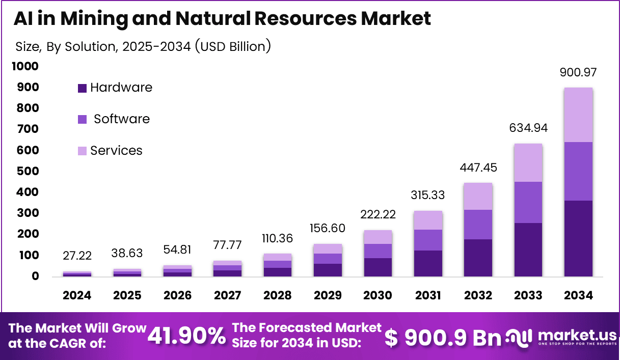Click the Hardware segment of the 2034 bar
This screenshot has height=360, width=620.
578,238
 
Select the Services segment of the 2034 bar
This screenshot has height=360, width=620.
578,115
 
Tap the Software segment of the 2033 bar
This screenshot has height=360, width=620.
528,202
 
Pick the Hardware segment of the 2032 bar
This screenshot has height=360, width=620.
478,258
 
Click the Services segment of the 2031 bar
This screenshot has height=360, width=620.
428,220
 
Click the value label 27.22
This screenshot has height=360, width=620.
77,255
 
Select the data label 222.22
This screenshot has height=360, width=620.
378,214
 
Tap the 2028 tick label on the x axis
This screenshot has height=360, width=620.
277,296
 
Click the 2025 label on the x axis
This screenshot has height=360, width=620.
127,296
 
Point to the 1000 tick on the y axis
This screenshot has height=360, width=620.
25,66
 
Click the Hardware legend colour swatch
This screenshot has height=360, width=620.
82,88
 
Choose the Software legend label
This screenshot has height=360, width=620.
122,119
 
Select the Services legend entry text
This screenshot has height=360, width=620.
116,151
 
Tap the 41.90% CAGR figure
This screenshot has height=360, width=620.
186,336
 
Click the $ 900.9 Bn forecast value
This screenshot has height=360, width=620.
443,338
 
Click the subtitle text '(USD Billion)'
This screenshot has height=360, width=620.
232,47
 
